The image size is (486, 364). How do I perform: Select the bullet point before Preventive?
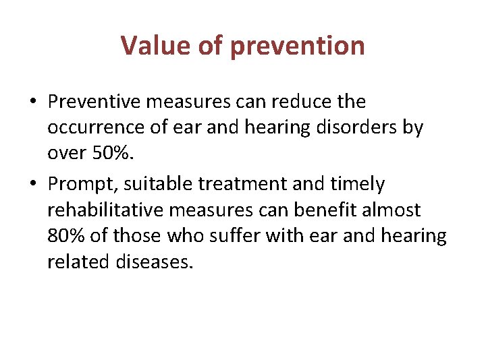33,102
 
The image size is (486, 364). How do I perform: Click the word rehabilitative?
105,210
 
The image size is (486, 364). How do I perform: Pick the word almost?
392,210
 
